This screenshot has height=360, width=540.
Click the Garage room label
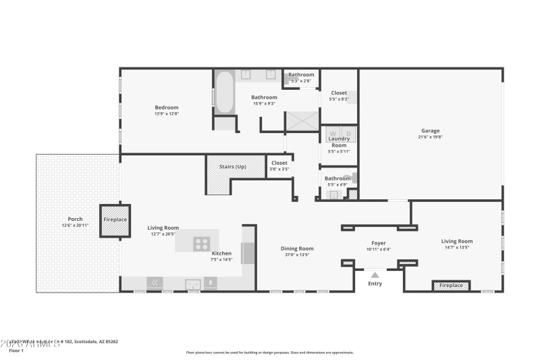pyautogui.click(x=430, y=130)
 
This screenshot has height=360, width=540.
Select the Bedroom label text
pyautogui.click(x=166, y=107)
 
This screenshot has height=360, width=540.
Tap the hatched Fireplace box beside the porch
pyautogui.click(x=115, y=220)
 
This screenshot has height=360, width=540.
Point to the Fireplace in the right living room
pyautogui.click(x=452, y=286)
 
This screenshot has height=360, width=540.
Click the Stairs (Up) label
pyautogui.click(x=232, y=167)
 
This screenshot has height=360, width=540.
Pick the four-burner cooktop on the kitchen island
pyautogui.click(x=201, y=243)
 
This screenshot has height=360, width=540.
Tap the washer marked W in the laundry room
pyautogui.click(x=332, y=133)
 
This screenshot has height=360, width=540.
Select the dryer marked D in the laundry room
pyautogui.click(x=348, y=133)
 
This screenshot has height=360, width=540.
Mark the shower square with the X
pyautogui.click(x=302, y=122)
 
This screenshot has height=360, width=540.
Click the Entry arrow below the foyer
pyautogui.click(x=375, y=275)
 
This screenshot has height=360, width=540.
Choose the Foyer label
pyautogui.click(x=378, y=242)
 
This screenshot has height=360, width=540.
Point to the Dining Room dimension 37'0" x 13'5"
pyautogui.click(x=297, y=255)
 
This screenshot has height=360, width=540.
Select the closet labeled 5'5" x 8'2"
pyautogui.click(x=338, y=96)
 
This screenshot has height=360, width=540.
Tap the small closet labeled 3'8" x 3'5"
pyautogui.click(x=279, y=165)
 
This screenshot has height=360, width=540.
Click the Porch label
pyautogui.click(x=75, y=219)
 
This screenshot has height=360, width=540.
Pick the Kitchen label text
pyautogui.click(x=221, y=253)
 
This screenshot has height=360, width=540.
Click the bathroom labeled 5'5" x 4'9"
pyautogui.click(x=338, y=181)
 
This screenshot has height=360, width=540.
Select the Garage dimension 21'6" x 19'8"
pyautogui.click(x=430, y=137)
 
